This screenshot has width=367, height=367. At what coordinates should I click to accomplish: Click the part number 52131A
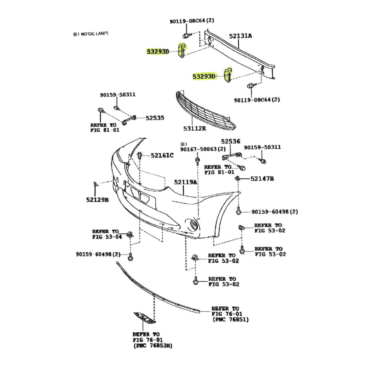[x=241, y=35]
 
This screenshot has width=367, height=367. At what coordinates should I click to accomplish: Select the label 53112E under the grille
[x=195, y=128]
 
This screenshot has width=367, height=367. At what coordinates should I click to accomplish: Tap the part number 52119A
[x=186, y=182]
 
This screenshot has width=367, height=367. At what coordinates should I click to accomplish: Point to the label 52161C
[x=162, y=155]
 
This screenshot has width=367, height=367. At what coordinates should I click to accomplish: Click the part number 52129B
[x=97, y=200]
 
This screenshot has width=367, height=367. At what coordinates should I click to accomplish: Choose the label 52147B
[x=262, y=179]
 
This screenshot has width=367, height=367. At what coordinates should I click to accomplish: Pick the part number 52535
[x=155, y=118]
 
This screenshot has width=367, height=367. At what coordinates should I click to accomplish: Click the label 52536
[x=231, y=141]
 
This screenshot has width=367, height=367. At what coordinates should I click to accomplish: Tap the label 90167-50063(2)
[x=203, y=149]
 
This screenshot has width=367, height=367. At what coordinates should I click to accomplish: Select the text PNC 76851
[x=231, y=319]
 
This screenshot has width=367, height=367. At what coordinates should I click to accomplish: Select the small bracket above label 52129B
[x=95, y=184]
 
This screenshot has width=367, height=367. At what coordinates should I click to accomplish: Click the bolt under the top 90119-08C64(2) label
[x=186, y=35]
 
